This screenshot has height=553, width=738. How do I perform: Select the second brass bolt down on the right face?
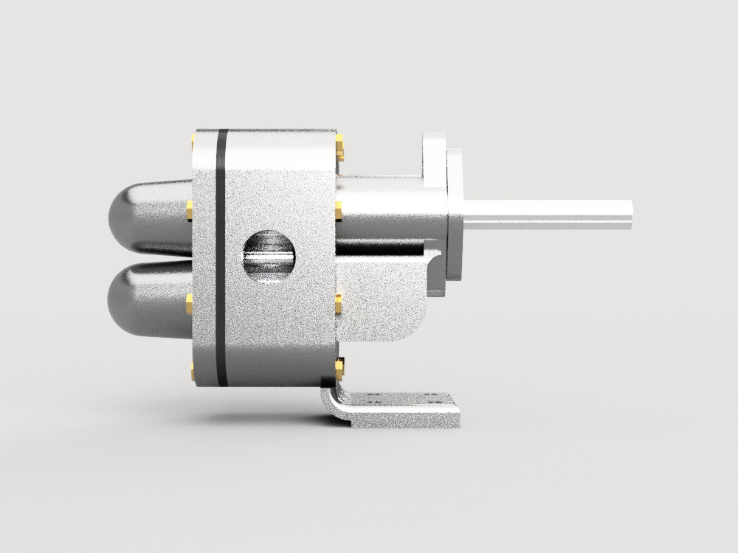339,211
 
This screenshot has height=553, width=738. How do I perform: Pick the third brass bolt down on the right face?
339,303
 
